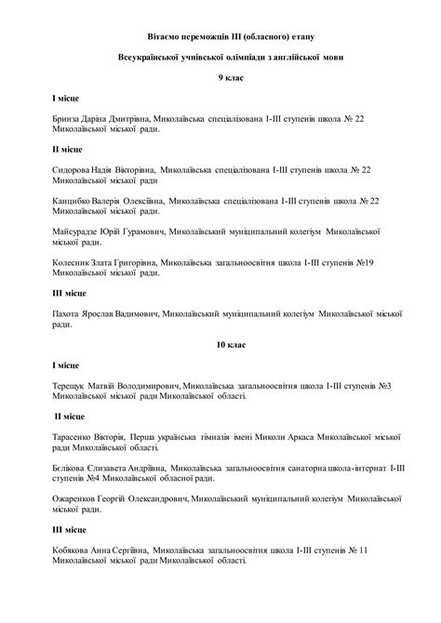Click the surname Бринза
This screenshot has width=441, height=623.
[x=69, y=120]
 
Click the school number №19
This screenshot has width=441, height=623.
[x=365, y=264]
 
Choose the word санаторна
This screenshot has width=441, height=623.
[x=300, y=465]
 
